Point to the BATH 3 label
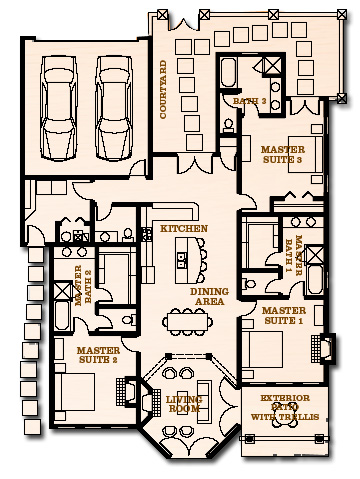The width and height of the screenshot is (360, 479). click(250, 101)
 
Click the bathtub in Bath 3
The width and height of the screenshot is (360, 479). click(229, 76)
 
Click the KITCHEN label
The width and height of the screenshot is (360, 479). click(184, 229)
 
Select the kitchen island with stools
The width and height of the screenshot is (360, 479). click(185, 264)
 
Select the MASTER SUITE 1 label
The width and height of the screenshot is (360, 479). click(283, 316)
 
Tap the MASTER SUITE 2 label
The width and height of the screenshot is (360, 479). click(99, 355)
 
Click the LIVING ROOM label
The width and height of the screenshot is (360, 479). click(185, 404)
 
